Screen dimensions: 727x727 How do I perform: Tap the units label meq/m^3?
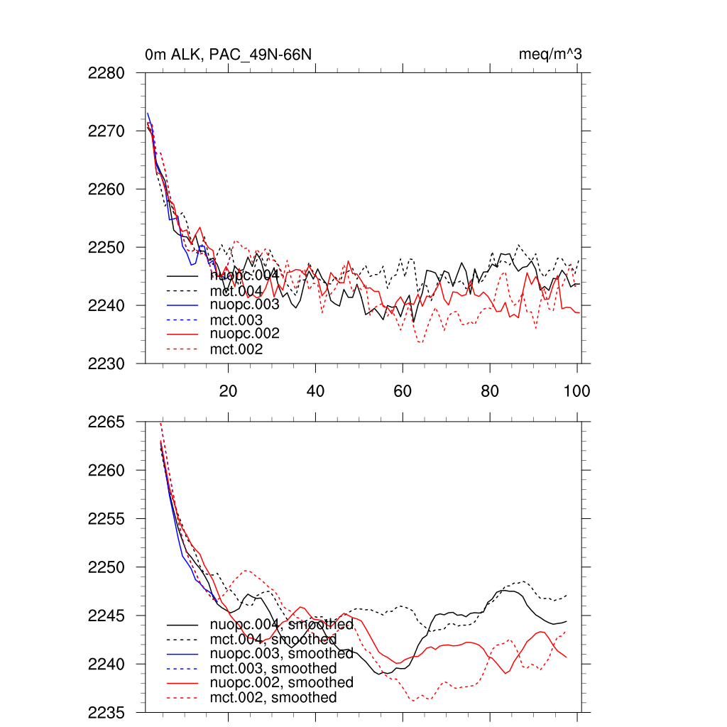(551, 55)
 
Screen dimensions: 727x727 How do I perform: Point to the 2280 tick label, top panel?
(107, 73)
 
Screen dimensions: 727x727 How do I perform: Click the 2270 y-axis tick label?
(107, 131)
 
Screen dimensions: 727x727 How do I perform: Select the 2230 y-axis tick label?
(107, 363)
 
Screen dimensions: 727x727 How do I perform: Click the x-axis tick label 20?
(228, 390)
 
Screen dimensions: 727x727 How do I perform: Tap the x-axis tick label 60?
(403, 390)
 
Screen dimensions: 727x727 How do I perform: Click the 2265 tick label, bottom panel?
(107, 422)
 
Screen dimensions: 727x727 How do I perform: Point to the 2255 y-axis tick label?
(107, 519)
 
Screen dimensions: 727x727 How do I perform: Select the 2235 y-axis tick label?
(107, 712)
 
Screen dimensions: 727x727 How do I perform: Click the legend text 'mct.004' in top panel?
(236, 292)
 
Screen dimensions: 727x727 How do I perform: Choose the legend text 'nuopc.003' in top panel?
(244, 305)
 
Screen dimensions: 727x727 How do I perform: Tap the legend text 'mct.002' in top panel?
(236, 349)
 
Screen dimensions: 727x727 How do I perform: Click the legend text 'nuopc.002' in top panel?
(244, 334)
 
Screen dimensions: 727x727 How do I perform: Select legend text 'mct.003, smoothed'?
(273, 669)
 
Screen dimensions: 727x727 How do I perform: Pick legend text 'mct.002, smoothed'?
(273, 698)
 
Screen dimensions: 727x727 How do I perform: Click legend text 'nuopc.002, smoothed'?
(281, 682)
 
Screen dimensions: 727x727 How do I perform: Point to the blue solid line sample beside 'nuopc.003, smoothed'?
(182, 654)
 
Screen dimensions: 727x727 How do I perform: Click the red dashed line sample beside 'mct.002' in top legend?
(182, 349)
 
